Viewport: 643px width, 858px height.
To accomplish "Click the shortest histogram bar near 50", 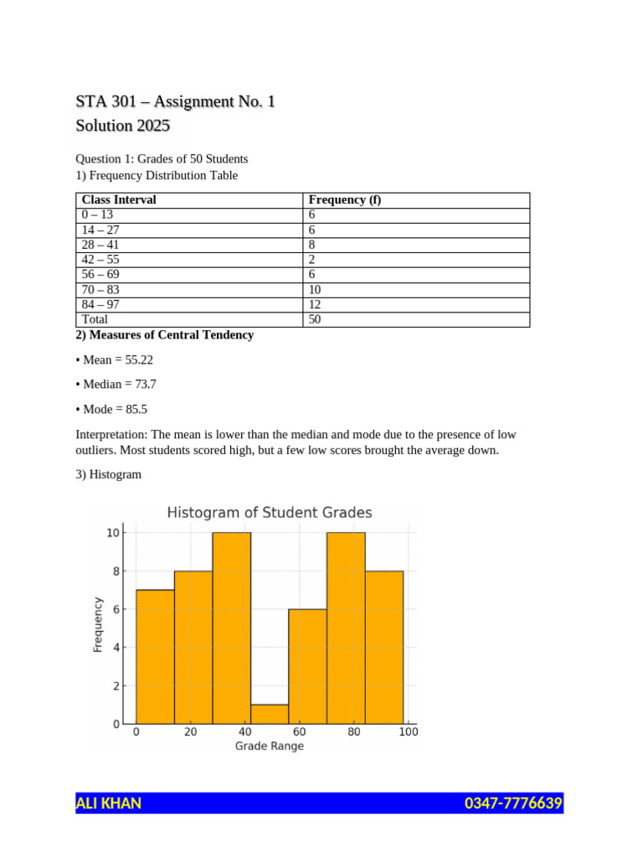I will (270, 714).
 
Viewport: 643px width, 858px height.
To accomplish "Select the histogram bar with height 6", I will (307, 666).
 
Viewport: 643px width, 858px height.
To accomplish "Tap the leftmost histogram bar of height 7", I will (155, 656).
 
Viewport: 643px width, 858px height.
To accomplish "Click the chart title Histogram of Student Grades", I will (270, 512).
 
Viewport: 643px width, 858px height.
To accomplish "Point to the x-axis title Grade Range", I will (270, 746).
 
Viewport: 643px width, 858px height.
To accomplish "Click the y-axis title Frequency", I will (98, 624).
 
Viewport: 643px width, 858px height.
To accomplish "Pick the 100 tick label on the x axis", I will (409, 731).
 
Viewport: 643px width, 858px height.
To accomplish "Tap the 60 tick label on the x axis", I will (300, 731).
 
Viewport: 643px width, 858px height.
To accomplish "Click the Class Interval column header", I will (119, 200).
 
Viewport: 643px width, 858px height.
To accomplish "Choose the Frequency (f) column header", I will (345, 200).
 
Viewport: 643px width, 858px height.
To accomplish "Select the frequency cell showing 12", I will (316, 305).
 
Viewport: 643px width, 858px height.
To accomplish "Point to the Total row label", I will (95, 319).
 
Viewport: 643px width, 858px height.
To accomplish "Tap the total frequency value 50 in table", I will (316, 319).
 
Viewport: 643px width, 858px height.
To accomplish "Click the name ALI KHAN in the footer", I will (109, 804).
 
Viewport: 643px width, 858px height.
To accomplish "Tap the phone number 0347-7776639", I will (513, 804).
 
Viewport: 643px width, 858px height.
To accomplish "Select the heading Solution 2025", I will (122, 126).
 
